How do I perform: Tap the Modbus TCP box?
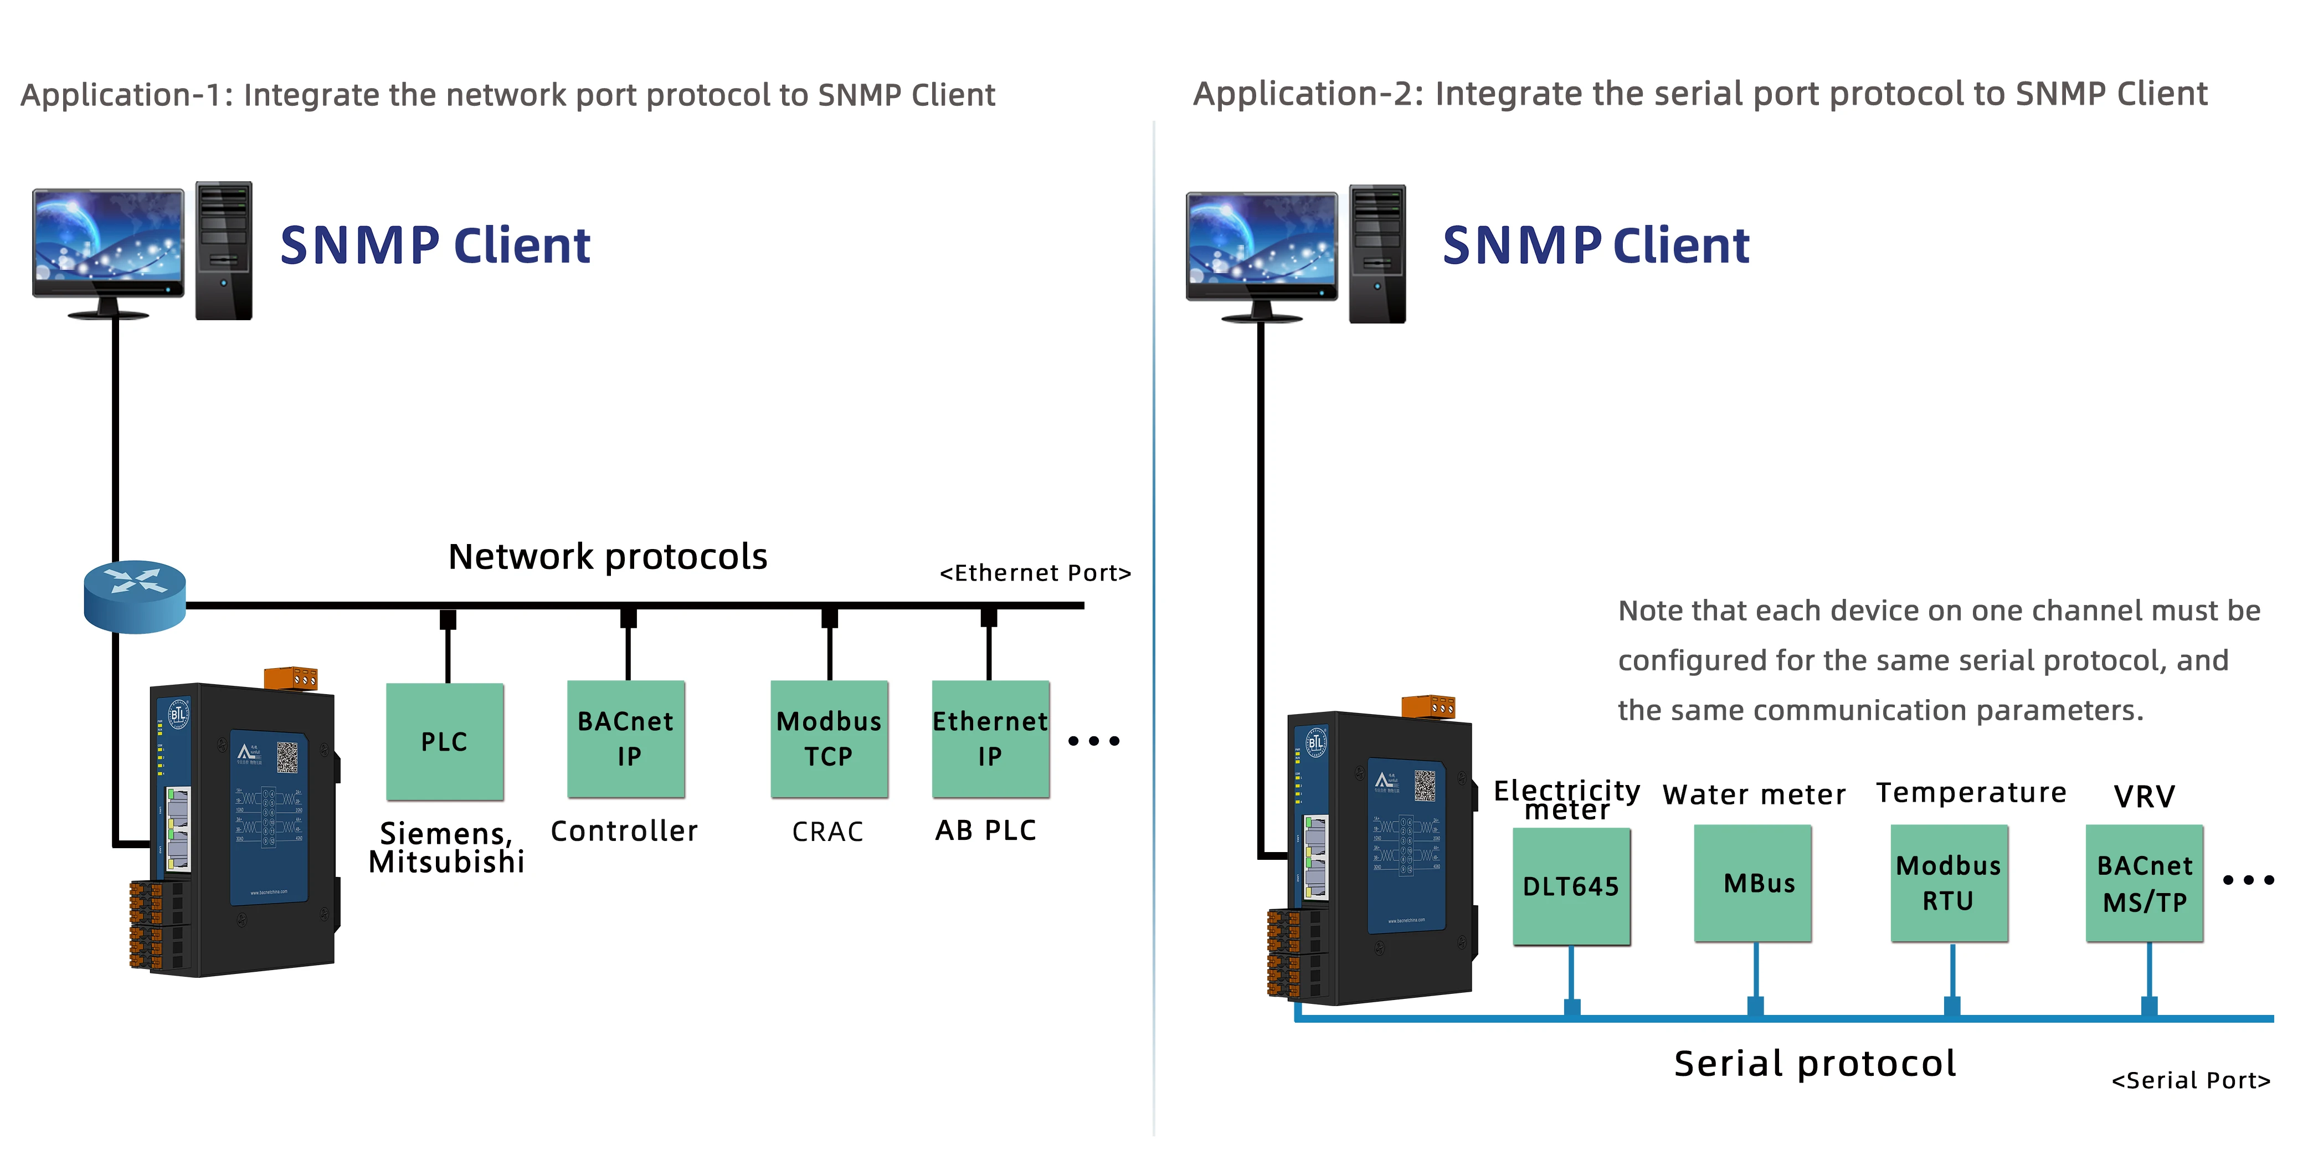[x=829, y=739]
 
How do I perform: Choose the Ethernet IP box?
[x=990, y=739]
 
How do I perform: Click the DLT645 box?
[x=1571, y=885]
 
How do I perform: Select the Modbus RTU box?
[x=1949, y=884]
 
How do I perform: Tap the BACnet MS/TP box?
[x=2144, y=884]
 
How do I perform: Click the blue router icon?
[x=135, y=596]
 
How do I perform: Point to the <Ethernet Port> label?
[x=1035, y=572]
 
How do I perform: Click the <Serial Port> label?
[x=2191, y=1080]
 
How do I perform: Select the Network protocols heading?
[x=608, y=556]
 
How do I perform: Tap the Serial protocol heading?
[x=1814, y=1064]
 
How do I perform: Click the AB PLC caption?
[x=985, y=830]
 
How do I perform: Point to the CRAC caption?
[x=827, y=832]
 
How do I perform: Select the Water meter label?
[x=1754, y=794]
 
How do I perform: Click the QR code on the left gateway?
[x=287, y=757]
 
